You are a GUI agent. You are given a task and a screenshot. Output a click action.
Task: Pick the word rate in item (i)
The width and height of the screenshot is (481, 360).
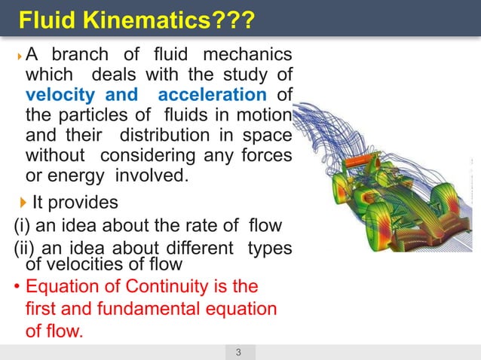[185, 224]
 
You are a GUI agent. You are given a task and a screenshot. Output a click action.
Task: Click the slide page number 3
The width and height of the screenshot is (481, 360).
[238, 352]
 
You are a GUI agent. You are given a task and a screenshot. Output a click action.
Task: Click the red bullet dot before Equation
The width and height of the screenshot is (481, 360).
[18, 287]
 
